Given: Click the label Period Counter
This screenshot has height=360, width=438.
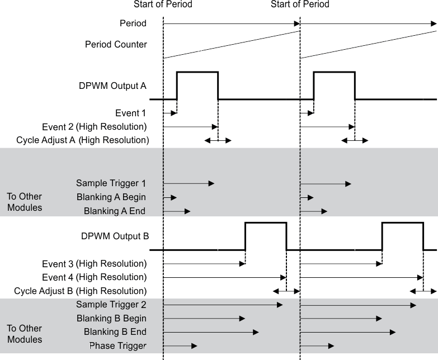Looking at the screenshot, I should pyautogui.click(x=116, y=44).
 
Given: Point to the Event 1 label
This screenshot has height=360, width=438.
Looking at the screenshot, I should pyautogui.click(x=131, y=113).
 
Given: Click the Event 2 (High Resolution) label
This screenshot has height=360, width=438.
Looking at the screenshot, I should pyautogui.click(x=94, y=127).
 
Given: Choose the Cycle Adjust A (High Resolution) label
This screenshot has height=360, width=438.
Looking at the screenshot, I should pyautogui.click(x=83, y=140).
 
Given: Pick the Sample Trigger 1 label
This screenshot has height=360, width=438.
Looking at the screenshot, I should pyautogui.click(x=111, y=183).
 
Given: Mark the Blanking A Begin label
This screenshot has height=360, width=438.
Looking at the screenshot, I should pyautogui.click(x=111, y=197).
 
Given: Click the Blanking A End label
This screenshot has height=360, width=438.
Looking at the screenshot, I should pyautogui.click(x=115, y=211).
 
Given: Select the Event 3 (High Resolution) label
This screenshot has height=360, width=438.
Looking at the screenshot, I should pyautogui.click(x=94, y=263).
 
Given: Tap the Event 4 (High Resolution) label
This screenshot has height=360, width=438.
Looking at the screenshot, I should pyautogui.click(x=94, y=277).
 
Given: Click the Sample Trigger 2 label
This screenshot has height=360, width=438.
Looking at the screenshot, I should pyautogui.click(x=111, y=305).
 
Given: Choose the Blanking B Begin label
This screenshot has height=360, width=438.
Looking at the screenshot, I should pyautogui.click(x=111, y=319).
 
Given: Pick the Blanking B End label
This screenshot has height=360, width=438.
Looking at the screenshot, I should pyautogui.click(x=115, y=332).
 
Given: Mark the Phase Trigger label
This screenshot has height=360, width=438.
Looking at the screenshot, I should pyautogui.click(x=117, y=346).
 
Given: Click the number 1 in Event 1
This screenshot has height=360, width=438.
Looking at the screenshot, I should pyautogui.click(x=144, y=113).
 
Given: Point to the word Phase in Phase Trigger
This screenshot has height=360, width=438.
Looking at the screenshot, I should pyautogui.click(x=101, y=346).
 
